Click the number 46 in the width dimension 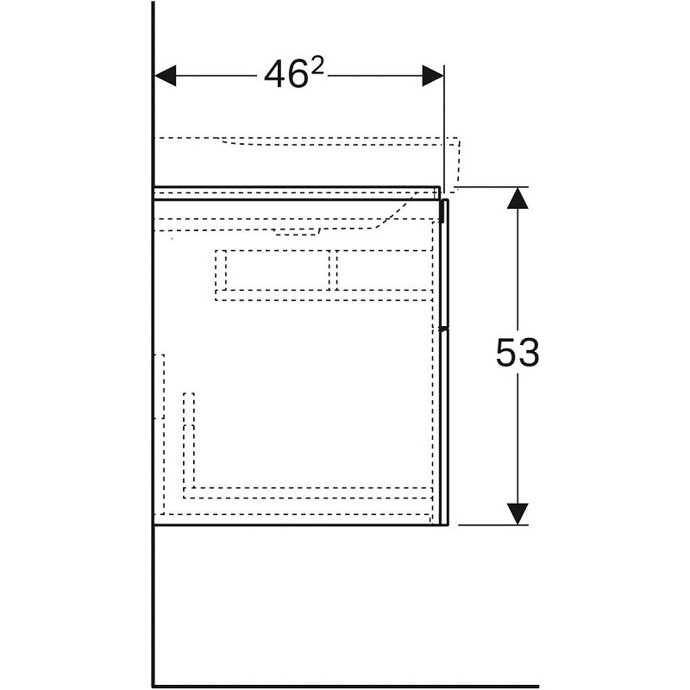click(285, 74)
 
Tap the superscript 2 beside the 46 click(317, 66)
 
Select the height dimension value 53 click(517, 353)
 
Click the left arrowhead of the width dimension click(166, 76)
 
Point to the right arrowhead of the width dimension click(433, 76)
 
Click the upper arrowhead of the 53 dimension click(517, 198)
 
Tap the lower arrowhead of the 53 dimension click(517, 513)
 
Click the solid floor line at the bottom click(346, 686)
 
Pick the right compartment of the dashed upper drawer click(384, 270)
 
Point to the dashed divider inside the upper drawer click(333, 270)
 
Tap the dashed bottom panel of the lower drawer click(308, 492)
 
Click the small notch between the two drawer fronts click(444, 329)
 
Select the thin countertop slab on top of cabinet click(298, 192)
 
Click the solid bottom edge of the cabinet click(301, 524)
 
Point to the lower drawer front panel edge click(444, 428)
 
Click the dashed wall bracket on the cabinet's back click(160, 386)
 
